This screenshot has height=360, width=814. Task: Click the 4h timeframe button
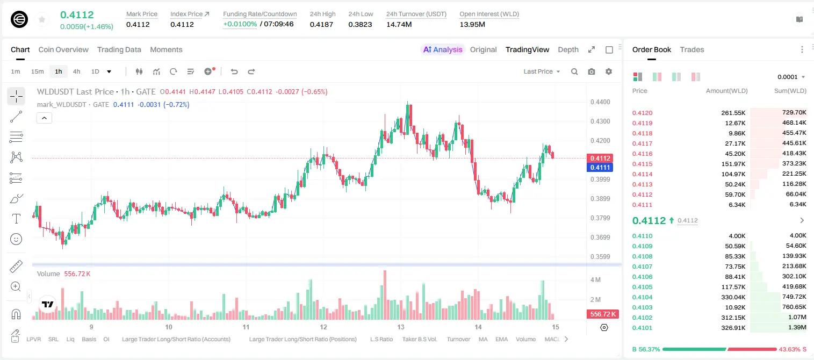(76, 71)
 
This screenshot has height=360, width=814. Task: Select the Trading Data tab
(119, 49)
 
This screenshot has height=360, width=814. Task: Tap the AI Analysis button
(443, 49)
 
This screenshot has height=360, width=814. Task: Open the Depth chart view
(568, 49)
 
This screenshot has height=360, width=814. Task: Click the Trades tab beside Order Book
(692, 49)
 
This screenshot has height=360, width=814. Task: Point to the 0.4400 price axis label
(600, 102)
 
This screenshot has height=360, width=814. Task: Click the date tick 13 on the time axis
(400, 327)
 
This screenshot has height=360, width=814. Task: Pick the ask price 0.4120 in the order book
(642, 113)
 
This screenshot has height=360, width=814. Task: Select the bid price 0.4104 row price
(642, 297)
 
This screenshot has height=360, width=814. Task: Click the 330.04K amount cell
(733, 297)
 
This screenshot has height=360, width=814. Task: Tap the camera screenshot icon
(592, 71)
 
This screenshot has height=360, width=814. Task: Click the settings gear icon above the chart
(609, 71)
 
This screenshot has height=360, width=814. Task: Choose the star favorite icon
(42, 19)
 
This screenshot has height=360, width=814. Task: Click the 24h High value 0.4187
(321, 24)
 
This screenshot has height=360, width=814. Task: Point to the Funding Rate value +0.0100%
(240, 24)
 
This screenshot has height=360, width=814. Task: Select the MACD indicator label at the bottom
(552, 339)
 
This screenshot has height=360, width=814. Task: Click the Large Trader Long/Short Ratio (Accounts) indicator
(176, 339)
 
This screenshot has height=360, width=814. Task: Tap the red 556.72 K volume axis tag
(602, 314)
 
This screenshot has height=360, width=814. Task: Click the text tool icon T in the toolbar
(16, 219)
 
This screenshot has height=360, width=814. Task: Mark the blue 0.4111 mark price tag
(600, 168)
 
